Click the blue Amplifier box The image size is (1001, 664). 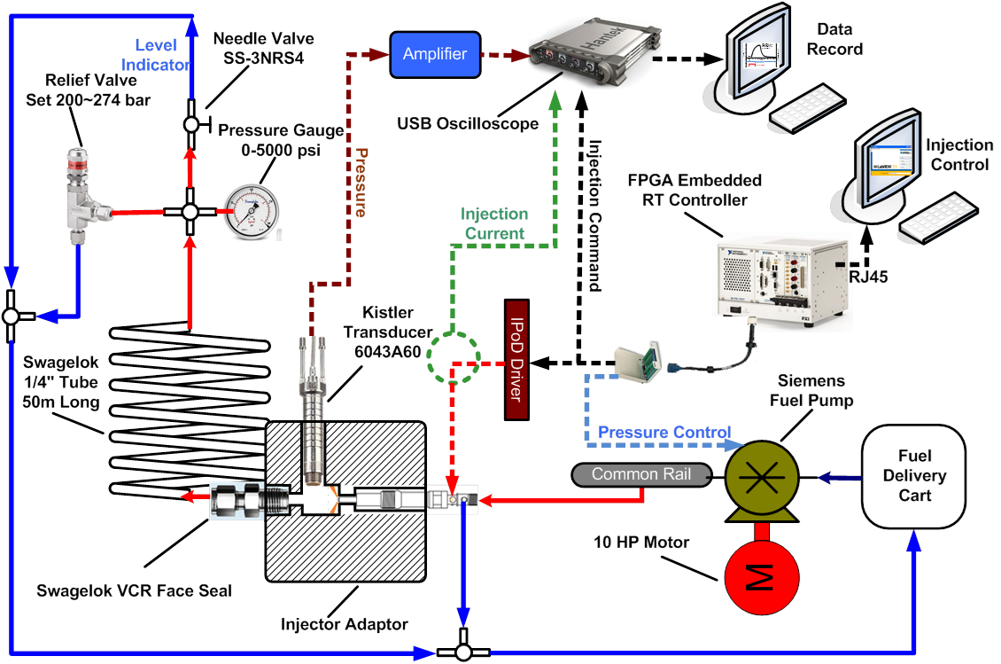click(x=434, y=54)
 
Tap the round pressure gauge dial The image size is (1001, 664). click(x=251, y=210)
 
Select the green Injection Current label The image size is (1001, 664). click(x=494, y=223)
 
